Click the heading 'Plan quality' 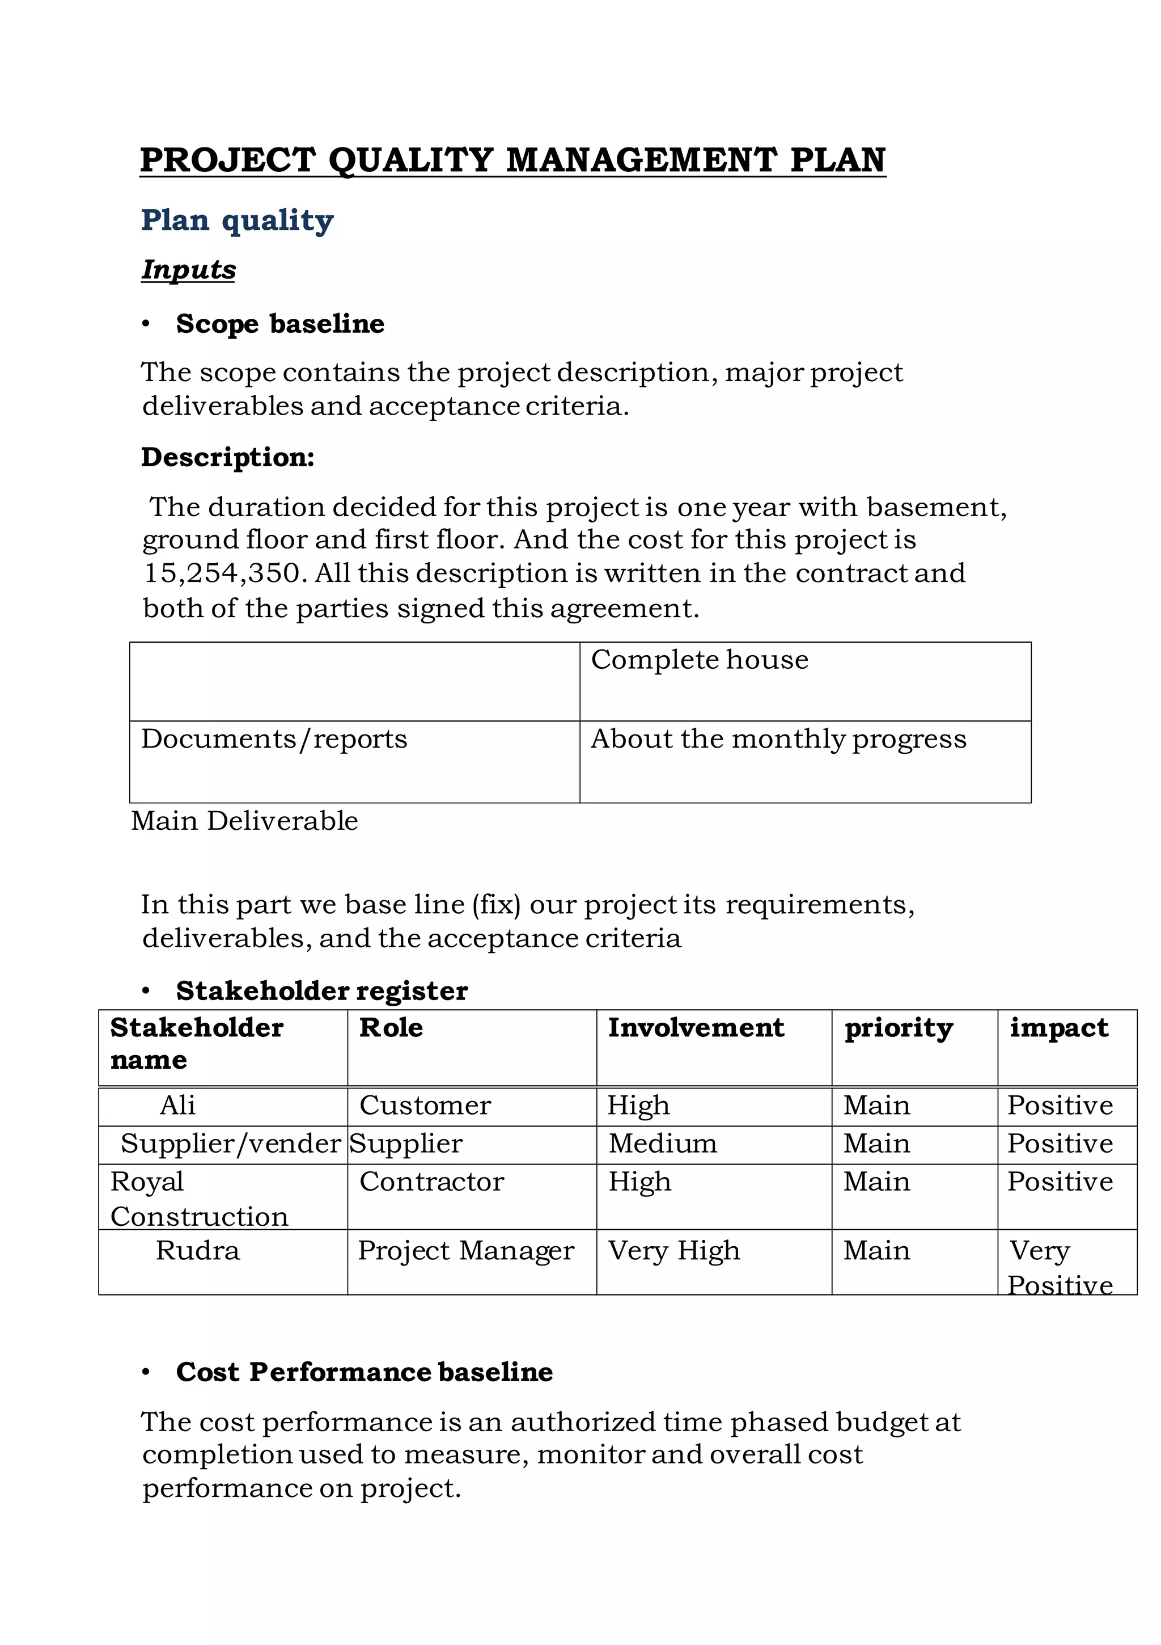237,220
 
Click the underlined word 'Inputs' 188,269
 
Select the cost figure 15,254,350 222,573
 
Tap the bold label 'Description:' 228,457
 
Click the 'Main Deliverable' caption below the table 244,821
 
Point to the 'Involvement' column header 696,1027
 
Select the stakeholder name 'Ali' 177,1105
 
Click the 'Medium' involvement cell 663,1143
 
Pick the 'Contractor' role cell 431,1182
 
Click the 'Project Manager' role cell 465,1250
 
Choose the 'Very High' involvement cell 673,1250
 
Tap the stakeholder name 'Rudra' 198,1250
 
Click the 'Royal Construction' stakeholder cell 199,1198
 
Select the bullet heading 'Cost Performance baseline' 364,1372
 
